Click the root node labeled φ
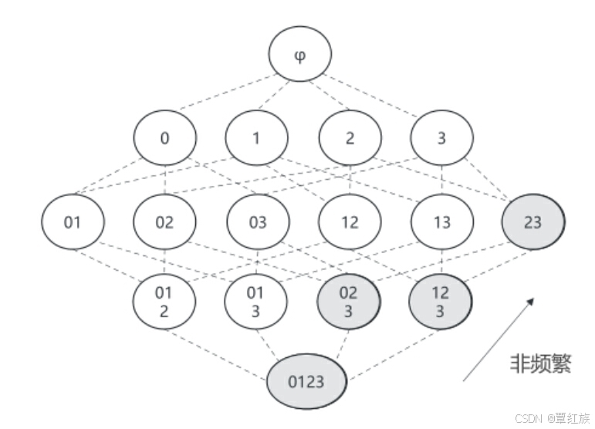tap(300, 56)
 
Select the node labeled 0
tap(164, 138)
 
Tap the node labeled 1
tap(257, 138)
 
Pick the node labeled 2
tap(350, 138)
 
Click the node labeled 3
tap(441, 138)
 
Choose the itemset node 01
tap(73, 222)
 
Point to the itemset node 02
tap(164, 222)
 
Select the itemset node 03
tap(258, 222)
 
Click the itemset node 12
tap(350, 222)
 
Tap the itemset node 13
tap(441, 222)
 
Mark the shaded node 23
tap(532, 222)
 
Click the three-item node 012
tap(164, 301)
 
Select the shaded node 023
tap(349, 301)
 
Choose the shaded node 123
tap(440, 301)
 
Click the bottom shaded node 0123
tap(307, 381)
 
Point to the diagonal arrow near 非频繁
tap(498, 339)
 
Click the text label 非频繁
tap(540, 363)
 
